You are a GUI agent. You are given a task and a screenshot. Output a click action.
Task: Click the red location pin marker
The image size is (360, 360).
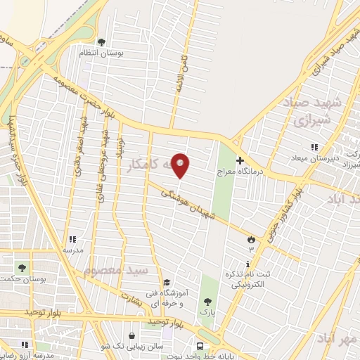181,165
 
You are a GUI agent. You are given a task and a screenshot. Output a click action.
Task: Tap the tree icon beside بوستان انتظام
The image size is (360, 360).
101,42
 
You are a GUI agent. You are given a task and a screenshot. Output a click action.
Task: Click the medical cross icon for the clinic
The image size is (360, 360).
240,160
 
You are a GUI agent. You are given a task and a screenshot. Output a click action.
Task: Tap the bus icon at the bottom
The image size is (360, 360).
200,346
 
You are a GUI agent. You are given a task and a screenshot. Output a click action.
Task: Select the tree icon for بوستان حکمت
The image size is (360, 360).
22,268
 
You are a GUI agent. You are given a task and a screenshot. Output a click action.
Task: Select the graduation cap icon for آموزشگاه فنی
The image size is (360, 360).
166,283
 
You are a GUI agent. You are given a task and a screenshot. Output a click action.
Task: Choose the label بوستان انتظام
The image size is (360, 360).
125,53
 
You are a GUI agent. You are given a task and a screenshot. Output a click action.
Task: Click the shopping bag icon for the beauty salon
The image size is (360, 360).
134,336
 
